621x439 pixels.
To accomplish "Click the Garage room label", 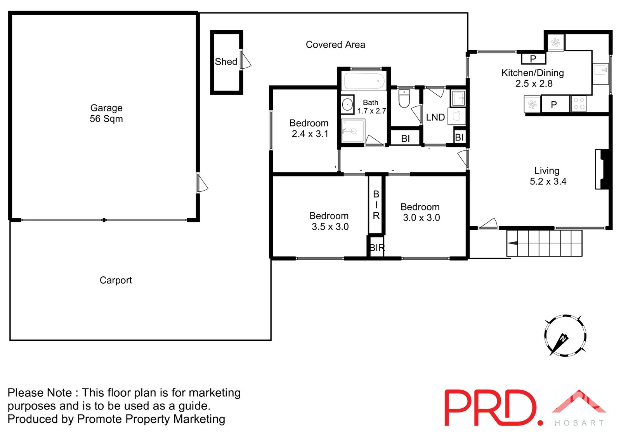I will (106, 108).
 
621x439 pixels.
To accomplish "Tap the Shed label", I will (226, 62).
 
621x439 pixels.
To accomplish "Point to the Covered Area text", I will (335, 45).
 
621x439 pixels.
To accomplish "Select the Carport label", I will (116, 280).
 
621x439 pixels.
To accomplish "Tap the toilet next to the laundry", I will (404, 99).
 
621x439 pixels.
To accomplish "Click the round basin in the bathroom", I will (347, 104).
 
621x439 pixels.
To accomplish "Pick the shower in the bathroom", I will (353, 131).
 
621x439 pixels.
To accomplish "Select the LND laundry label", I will (435, 117).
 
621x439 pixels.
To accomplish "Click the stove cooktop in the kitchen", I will (579, 104).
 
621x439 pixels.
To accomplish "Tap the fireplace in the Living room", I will (603, 169).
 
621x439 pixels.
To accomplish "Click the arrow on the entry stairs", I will (512, 243).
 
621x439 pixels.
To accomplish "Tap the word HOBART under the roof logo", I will (579, 423).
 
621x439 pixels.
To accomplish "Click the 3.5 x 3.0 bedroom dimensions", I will (330, 227).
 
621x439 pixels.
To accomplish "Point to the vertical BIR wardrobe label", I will (376, 205).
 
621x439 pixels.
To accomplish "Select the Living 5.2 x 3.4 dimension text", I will (548, 181).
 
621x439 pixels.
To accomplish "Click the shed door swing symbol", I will (246, 61).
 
